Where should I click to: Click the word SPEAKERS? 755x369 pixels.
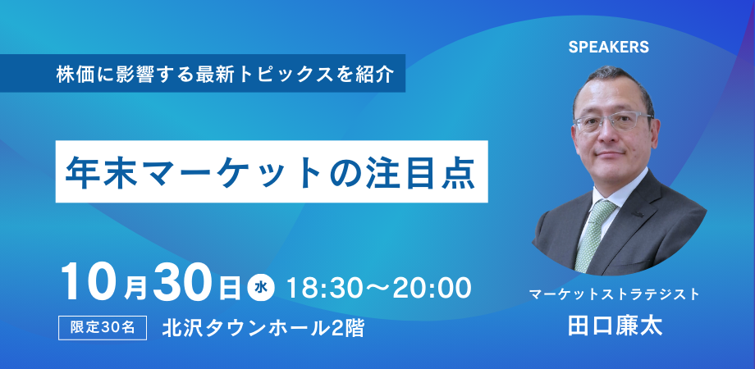[608, 48]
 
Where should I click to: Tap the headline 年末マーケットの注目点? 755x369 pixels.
[272, 172]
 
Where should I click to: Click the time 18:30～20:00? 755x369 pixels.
[377, 287]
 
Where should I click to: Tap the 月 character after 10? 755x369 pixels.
[136, 287]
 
